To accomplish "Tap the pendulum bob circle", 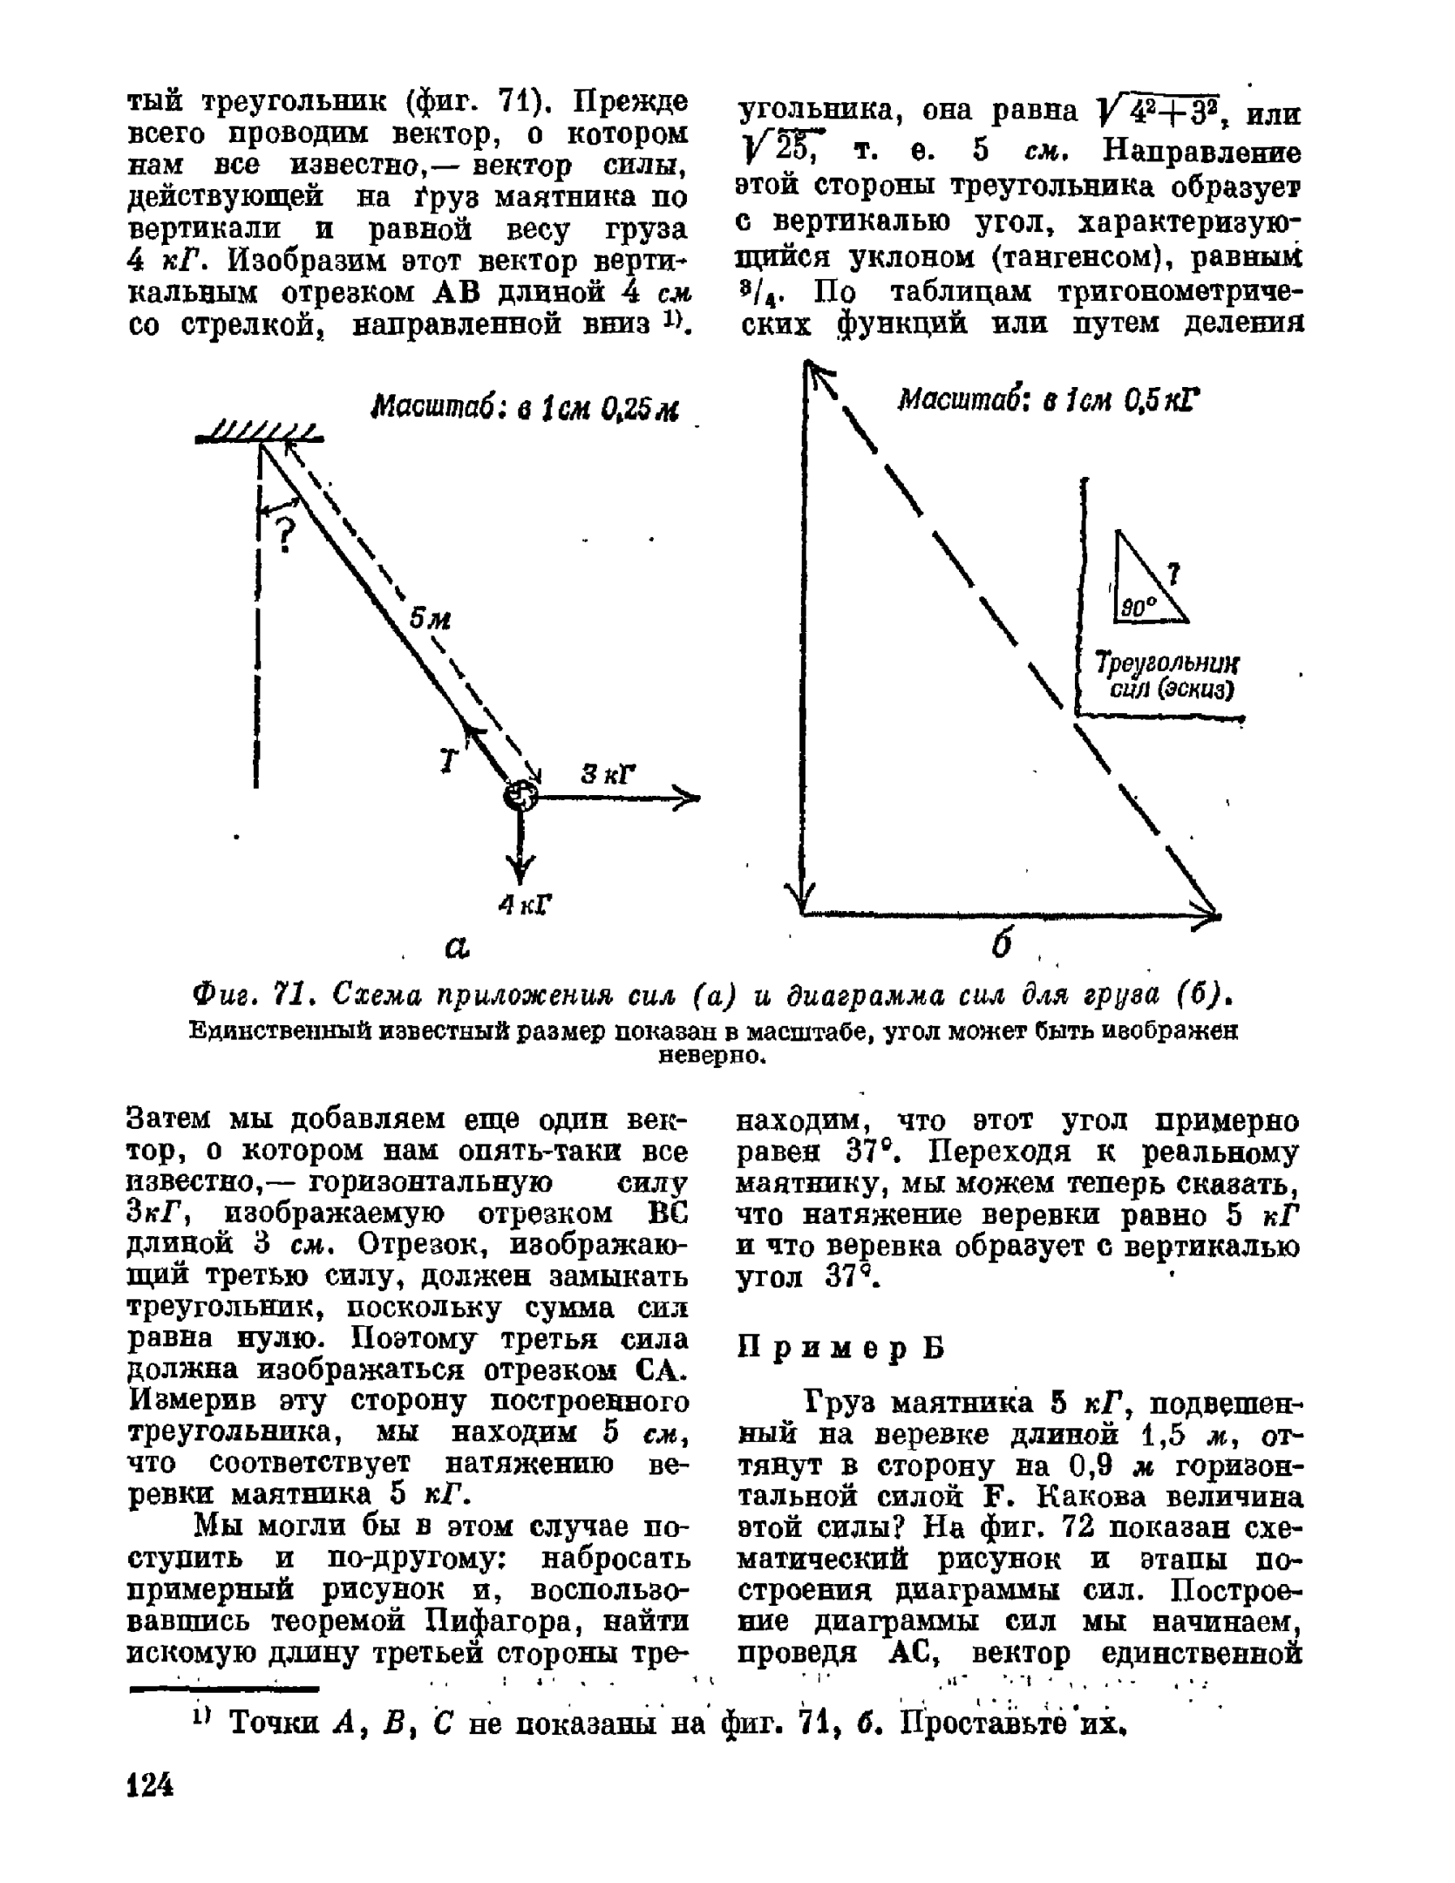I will pyautogui.click(x=521, y=795).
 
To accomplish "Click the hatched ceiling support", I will pyautogui.click(x=260, y=433).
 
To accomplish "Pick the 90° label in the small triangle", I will pyautogui.click(x=1136, y=608).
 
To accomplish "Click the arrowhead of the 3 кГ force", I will pyautogui.click(x=689, y=796).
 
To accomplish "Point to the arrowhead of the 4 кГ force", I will pyautogui.click(x=521, y=872).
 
